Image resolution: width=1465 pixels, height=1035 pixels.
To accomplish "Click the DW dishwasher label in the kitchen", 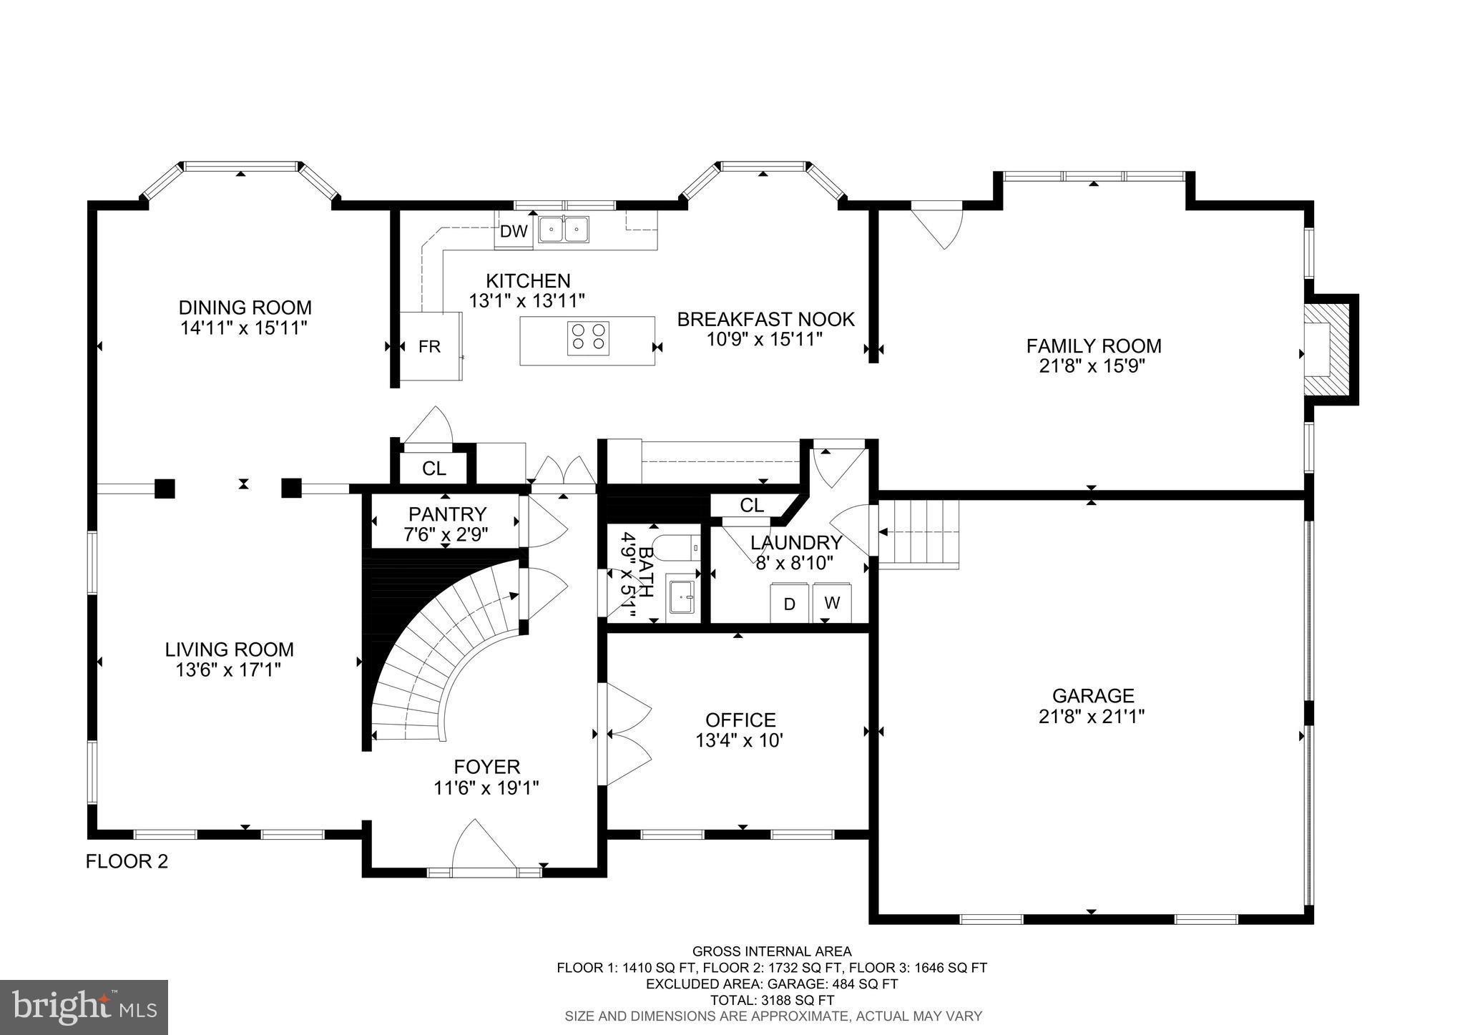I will pos(513,231).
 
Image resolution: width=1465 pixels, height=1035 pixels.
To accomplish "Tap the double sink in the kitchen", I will pos(563,230).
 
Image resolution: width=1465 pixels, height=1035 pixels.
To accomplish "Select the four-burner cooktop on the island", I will pos(588,338).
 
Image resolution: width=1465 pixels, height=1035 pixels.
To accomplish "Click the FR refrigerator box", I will pos(429,347).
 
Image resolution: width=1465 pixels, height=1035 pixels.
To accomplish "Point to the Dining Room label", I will pos(245,308).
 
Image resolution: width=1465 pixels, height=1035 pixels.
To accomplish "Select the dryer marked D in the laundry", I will pos(790,604).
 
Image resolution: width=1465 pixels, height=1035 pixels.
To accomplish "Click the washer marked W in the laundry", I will pos(832,602).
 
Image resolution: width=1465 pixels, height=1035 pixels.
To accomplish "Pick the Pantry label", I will pos(447,514).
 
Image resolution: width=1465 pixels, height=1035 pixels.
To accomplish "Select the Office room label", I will pos(740,720).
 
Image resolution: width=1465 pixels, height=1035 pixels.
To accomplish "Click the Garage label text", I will pos(1092,695).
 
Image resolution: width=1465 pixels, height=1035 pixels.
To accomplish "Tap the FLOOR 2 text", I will pos(127,861).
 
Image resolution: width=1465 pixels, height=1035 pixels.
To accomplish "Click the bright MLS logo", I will pos(84,1007).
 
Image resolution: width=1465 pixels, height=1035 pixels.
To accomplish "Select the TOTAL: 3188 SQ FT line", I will pos(772,1001).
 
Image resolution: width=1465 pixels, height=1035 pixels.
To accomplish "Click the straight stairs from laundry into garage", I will pos(918,534).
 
